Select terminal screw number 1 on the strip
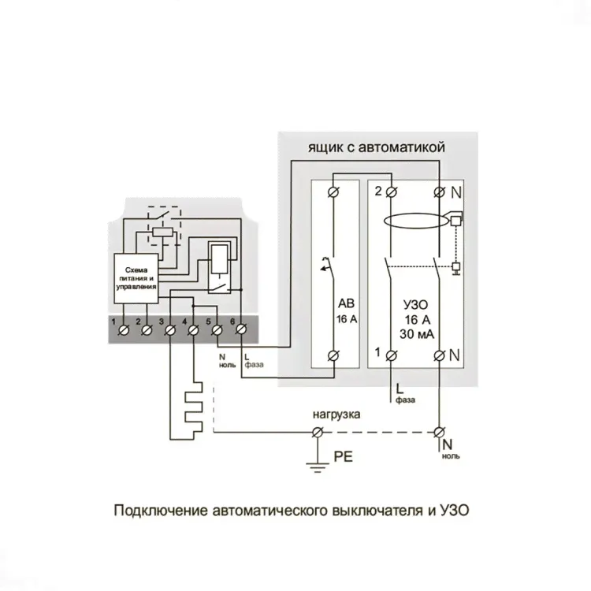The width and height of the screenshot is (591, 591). (x=124, y=331)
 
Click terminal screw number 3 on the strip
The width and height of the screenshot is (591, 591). (x=170, y=331)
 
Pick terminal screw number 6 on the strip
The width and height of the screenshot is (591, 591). (x=240, y=331)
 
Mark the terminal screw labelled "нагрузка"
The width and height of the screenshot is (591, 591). (x=318, y=432)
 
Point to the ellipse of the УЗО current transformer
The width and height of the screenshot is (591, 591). (x=413, y=221)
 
